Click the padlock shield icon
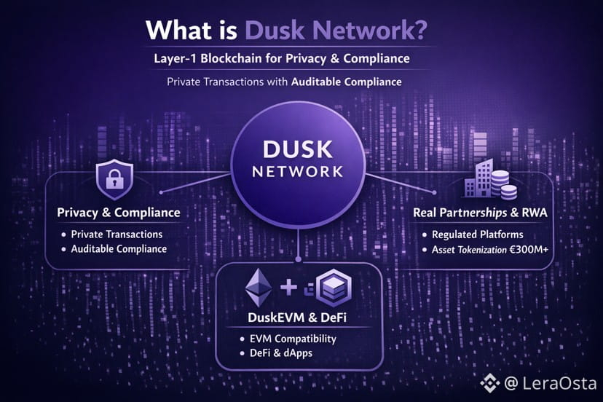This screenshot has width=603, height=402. pos(116,180)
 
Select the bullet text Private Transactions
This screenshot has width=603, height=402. pos(117,234)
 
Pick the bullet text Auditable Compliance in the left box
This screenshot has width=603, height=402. pos(119,249)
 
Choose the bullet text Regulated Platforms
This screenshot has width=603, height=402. pos(478,235)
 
